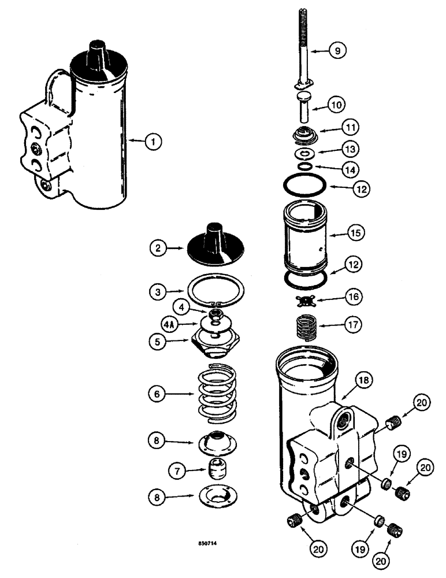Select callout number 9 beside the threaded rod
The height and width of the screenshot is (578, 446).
[339, 51]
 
